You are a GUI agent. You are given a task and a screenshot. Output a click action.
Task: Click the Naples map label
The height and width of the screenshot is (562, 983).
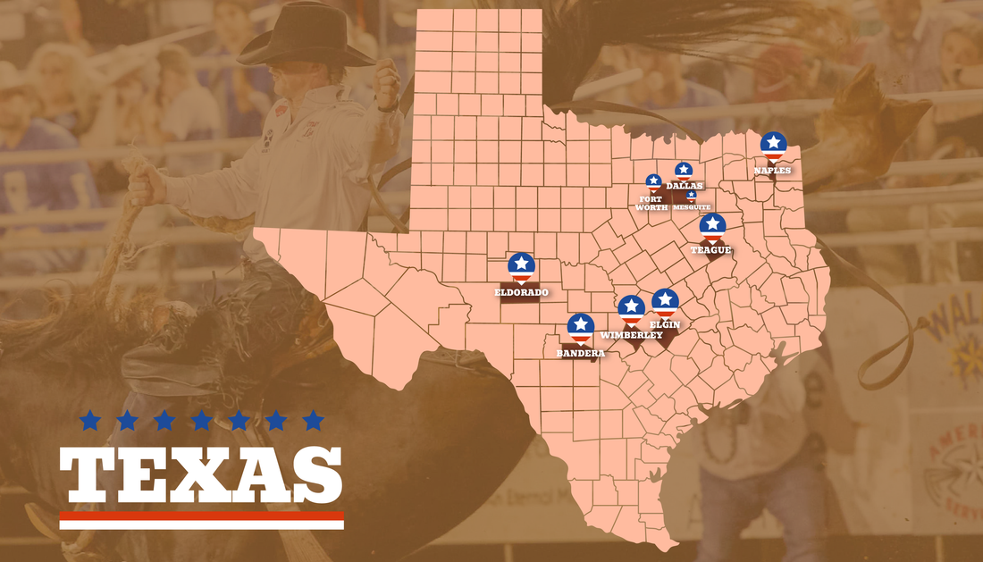773,170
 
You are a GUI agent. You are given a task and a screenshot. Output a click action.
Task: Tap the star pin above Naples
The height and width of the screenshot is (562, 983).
773,145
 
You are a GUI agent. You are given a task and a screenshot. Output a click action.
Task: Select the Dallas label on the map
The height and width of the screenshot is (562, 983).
685,186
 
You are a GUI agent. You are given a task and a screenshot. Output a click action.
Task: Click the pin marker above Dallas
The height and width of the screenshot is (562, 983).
684,170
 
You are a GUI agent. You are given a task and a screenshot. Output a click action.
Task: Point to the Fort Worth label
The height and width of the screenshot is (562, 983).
651,203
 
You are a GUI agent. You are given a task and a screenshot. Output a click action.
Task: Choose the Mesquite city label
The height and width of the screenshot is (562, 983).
692,206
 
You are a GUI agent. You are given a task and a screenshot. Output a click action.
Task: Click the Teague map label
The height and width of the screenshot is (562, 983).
711,250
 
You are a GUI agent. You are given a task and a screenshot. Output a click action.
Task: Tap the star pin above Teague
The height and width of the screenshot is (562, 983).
712,226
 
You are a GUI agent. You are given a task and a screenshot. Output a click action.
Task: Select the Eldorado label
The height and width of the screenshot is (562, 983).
521,292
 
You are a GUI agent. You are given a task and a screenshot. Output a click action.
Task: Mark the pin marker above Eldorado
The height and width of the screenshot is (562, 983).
521,266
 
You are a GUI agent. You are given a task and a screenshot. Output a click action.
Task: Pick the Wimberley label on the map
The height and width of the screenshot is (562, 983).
632,335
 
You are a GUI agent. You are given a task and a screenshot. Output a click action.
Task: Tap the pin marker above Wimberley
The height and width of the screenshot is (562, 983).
632,309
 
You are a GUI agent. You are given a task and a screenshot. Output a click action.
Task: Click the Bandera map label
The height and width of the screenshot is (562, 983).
581,353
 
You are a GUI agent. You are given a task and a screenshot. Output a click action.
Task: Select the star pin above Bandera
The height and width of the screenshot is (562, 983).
581,326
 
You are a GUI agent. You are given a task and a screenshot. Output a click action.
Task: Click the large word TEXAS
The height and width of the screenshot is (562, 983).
201,474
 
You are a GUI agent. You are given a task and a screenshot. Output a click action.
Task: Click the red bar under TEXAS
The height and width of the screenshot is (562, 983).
201,516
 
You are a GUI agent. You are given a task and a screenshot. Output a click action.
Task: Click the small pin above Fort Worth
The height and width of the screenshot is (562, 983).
653,182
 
